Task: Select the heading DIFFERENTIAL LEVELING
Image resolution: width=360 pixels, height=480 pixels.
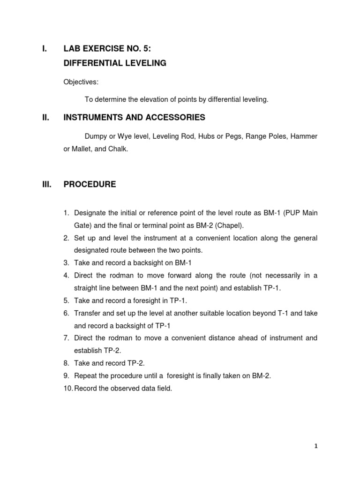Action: tap(115, 63)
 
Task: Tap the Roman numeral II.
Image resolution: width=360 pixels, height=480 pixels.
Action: tap(46, 117)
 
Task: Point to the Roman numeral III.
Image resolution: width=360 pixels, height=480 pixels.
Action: tap(46, 184)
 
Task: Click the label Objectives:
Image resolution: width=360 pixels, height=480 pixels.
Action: tap(81, 82)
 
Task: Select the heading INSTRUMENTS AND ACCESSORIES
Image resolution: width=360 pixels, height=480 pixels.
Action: tap(134, 117)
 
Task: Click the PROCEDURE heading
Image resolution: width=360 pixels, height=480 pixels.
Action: tap(90, 184)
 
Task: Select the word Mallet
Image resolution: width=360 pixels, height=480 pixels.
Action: tap(83, 149)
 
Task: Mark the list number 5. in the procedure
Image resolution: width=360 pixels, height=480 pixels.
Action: tap(67, 300)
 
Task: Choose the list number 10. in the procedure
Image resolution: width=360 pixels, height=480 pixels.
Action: tap(68, 389)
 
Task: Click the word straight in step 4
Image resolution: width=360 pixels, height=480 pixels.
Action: tap(86, 288)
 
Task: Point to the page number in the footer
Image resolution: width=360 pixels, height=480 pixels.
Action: tap(315, 447)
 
